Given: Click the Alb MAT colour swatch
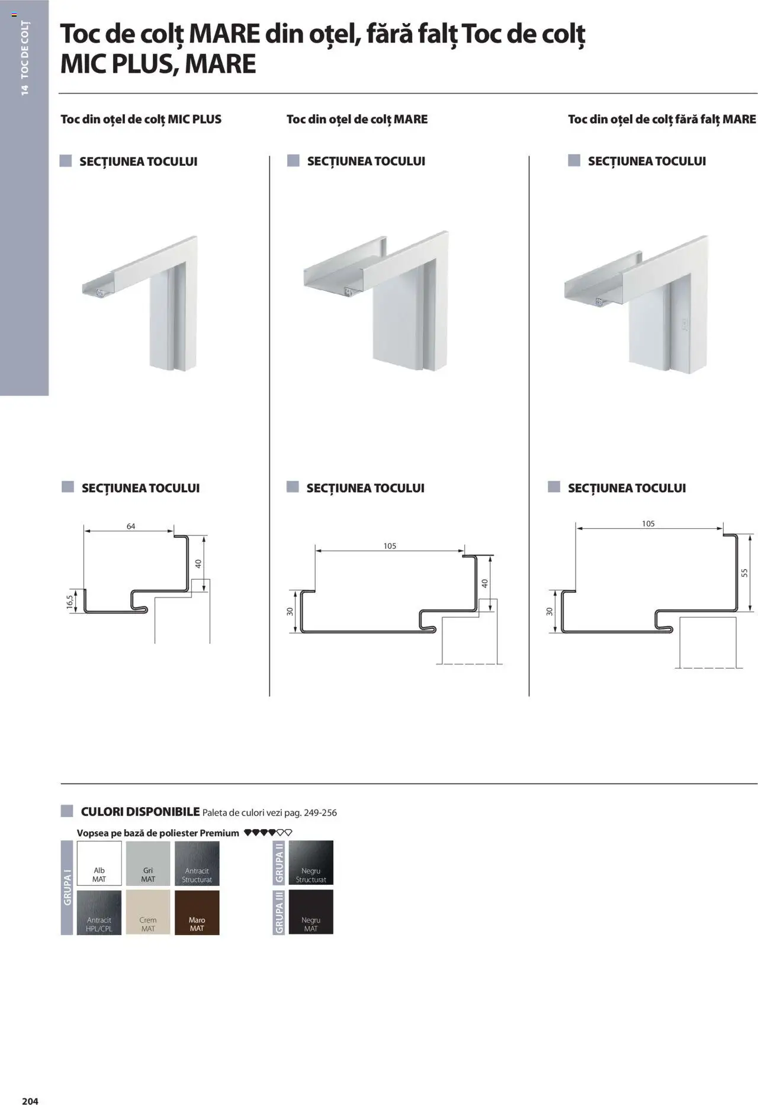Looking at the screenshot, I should click(99, 863).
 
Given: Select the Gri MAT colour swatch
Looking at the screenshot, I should click(148, 863).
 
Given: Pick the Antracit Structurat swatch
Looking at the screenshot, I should click(197, 863).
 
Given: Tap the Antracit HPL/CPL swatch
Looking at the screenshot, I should click(99, 912).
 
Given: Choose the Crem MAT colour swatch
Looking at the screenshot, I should click(148, 912).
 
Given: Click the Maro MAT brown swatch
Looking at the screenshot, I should click(197, 912).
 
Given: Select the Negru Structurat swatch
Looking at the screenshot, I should click(311, 863).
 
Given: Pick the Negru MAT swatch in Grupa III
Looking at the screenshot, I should click(311, 912).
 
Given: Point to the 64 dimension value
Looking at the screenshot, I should click(131, 526).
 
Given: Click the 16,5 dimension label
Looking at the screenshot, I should click(70, 602).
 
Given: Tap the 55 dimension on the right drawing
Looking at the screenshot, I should click(745, 573).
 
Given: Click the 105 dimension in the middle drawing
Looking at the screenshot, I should click(390, 546).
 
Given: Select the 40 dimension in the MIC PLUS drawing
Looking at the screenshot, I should click(198, 563).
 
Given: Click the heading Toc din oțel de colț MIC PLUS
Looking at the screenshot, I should click(141, 119).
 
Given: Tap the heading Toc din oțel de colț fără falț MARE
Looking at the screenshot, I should click(661, 119).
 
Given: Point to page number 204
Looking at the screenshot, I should click(30, 1100).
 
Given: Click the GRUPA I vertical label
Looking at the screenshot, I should click(67, 887).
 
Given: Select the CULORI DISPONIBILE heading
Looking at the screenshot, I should click(140, 811).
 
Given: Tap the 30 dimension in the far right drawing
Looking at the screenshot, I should click(550, 611).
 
